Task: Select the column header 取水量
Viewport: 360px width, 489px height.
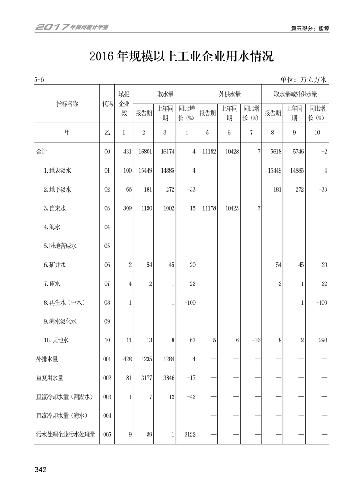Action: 165,94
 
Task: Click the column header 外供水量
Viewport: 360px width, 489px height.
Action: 229,94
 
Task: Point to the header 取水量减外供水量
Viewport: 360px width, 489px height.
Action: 295,94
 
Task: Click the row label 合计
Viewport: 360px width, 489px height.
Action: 42,152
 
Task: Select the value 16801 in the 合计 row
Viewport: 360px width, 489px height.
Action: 143,152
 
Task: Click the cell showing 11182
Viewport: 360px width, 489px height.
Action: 207,152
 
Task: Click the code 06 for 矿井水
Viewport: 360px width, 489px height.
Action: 107,265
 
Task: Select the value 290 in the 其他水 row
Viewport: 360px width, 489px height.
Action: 322,340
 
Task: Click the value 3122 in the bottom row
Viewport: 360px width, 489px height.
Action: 188,435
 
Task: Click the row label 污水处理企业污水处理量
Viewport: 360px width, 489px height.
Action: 66,435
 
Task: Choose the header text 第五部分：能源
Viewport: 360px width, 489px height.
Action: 310,28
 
